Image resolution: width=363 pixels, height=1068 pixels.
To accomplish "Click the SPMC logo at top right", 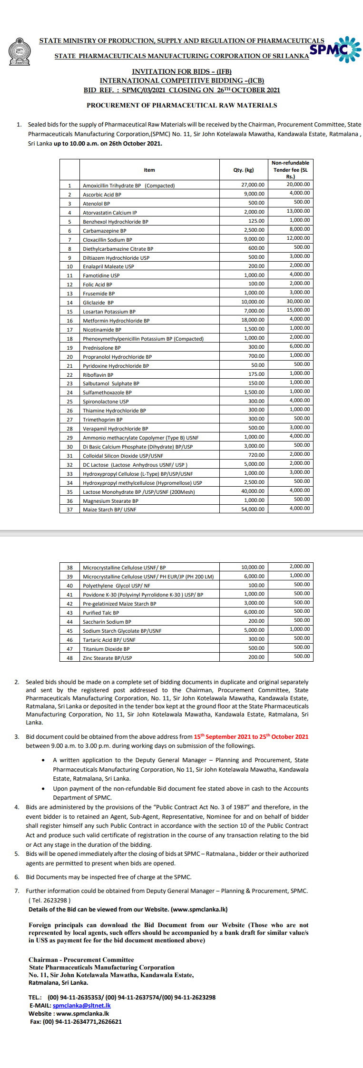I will [x=335, y=49].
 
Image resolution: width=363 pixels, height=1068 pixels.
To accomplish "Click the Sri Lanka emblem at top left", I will [x=19, y=52].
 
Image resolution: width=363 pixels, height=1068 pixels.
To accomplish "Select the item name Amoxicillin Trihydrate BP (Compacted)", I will [x=129, y=186].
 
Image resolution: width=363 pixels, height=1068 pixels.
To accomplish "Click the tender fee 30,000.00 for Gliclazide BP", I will [x=299, y=302].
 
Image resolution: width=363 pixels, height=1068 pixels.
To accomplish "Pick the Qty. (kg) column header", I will [x=244, y=170].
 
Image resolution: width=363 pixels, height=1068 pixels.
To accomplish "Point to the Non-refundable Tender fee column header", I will [x=290, y=169].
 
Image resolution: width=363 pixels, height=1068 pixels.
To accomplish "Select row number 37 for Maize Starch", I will [x=69, y=510].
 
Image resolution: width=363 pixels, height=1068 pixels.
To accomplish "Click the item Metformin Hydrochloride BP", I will [x=116, y=321].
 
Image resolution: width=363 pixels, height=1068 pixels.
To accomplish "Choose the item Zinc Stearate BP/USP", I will [x=108, y=658].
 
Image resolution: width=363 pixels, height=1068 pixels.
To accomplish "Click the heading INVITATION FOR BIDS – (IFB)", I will [x=181, y=71].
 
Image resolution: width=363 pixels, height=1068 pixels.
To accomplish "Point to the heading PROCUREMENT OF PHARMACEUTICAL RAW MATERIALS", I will [x=181, y=105].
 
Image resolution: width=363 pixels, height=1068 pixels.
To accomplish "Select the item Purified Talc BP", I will [x=101, y=613].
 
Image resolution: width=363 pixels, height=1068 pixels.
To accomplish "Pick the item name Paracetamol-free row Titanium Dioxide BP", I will [x=106, y=649].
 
